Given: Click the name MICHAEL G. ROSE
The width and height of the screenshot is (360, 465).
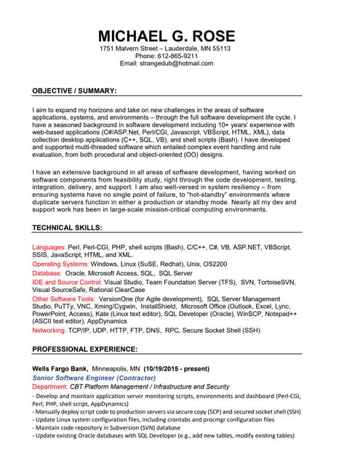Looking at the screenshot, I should [x=167, y=36].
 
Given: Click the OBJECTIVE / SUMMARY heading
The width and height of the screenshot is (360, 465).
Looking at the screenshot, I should [x=74, y=91].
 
